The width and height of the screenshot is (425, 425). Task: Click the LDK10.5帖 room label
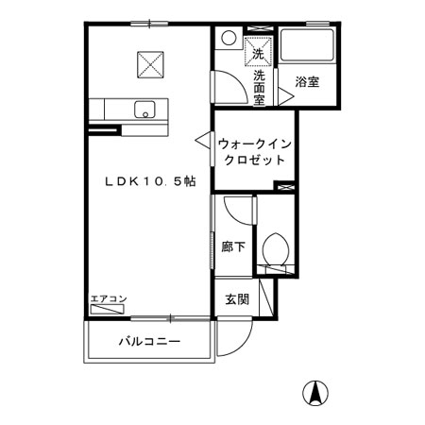(150, 181)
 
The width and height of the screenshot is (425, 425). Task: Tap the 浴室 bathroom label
(307, 82)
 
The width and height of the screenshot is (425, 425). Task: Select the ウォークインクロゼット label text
(254, 152)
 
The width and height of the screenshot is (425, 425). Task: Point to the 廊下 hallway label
(233, 246)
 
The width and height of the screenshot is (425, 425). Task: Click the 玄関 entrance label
(237, 299)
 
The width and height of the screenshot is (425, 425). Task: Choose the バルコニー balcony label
(150, 341)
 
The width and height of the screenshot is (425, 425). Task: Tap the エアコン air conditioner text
(109, 298)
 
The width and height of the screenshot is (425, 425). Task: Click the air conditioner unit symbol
(107, 310)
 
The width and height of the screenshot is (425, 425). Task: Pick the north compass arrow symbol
(315, 394)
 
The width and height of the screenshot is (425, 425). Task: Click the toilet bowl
(276, 249)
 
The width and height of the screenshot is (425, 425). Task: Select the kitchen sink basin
(144, 110)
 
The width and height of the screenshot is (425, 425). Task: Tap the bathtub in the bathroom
(307, 45)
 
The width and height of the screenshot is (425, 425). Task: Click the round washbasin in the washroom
(229, 38)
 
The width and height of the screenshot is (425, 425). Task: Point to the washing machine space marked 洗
(258, 51)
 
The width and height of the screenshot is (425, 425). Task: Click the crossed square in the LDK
(150, 64)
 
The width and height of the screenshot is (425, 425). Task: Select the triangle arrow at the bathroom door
(285, 96)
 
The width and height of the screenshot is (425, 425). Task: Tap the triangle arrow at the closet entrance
(203, 140)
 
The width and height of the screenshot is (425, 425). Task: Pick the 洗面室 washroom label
(260, 88)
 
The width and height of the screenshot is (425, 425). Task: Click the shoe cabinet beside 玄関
(266, 297)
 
